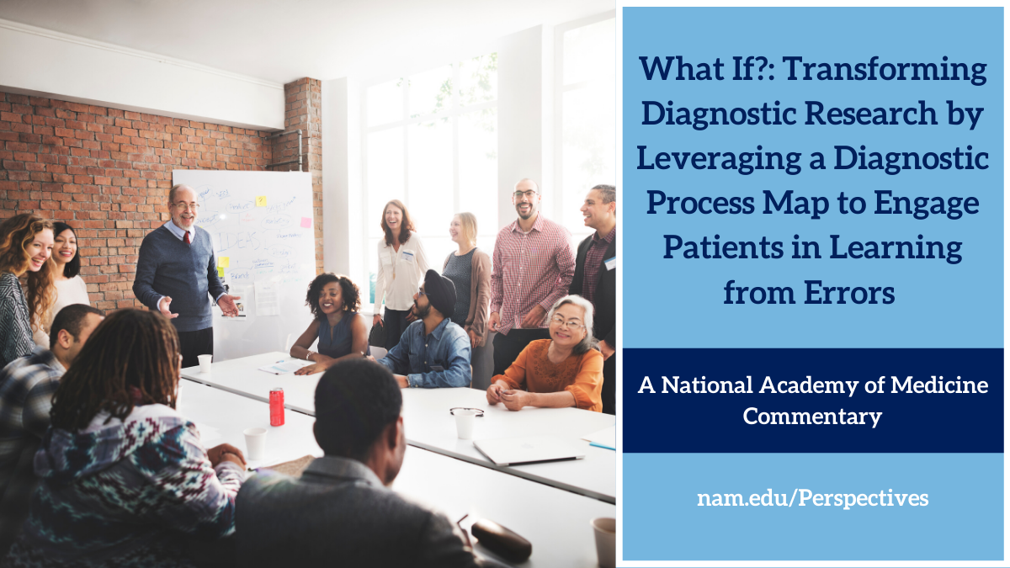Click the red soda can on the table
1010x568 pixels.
277,407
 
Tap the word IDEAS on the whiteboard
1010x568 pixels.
237,242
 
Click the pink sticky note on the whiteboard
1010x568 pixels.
306,222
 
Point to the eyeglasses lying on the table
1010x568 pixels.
466,411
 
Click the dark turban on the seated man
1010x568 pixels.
440,290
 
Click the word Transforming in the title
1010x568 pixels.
885,70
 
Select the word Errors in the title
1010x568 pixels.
849,294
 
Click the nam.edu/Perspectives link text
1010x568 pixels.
812,498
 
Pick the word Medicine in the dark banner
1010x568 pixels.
939,385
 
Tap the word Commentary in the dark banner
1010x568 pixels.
812,416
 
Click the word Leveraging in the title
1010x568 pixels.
719,160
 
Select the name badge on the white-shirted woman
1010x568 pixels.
407,256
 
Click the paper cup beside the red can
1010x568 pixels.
255,443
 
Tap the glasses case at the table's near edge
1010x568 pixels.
501,539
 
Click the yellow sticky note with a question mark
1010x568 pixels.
261,201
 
